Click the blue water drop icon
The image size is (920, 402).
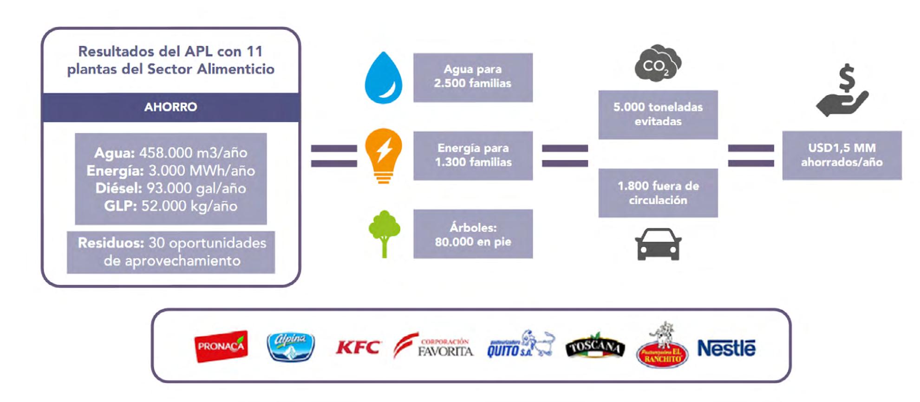pyautogui.click(x=383, y=78)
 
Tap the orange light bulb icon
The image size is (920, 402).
pyautogui.click(x=384, y=155)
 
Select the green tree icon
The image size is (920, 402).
pyautogui.click(x=384, y=233)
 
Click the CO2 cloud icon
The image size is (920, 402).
pyautogui.click(x=658, y=64)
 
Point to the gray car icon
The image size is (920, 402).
pyautogui.click(x=658, y=244)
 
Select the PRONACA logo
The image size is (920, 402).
pyautogui.click(x=221, y=346)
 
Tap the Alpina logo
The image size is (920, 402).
pyautogui.click(x=291, y=347)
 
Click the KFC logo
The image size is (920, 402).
pyautogui.click(x=358, y=347)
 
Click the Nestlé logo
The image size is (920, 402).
pyautogui.click(x=726, y=348)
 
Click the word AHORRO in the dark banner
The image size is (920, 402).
pyautogui.click(x=170, y=107)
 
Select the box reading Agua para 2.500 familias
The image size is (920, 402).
pyautogui.click(x=473, y=77)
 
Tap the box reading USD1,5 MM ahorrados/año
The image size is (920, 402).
pyautogui.click(x=842, y=155)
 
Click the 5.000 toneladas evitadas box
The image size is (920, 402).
pyautogui.click(x=658, y=114)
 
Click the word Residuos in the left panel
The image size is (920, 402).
pyautogui.click(x=111, y=243)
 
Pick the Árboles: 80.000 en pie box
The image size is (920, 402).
pyautogui.click(x=473, y=234)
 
